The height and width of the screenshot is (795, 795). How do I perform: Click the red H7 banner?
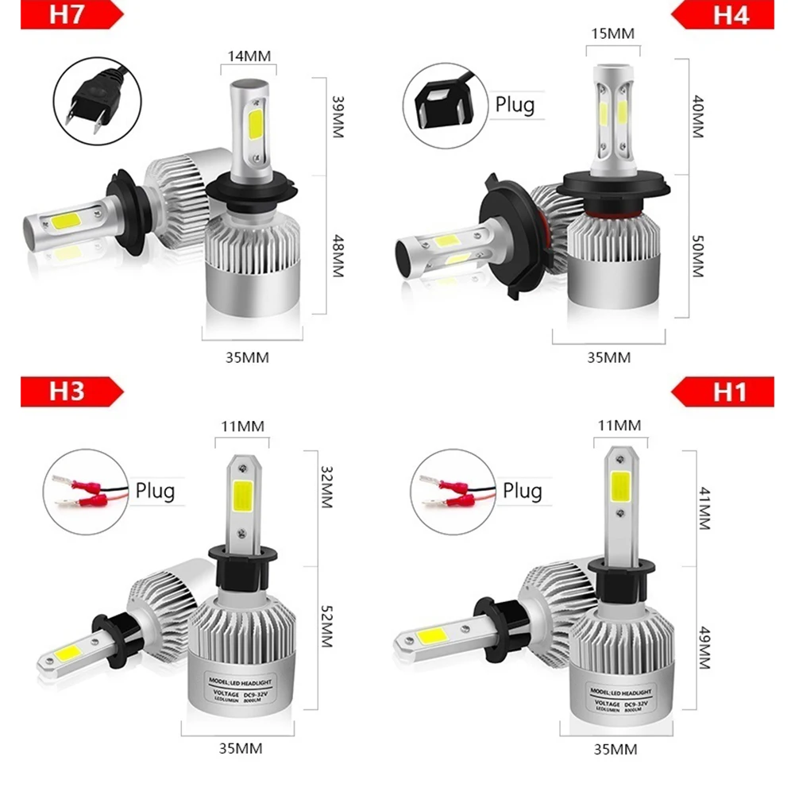68,15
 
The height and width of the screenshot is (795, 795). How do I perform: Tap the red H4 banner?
727,15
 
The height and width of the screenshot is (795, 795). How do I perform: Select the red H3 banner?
68,392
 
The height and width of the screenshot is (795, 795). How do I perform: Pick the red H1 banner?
727,392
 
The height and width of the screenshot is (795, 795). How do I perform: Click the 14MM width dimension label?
249,56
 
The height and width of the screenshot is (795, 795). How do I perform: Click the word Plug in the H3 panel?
155,490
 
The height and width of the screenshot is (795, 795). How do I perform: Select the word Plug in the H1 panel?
523,490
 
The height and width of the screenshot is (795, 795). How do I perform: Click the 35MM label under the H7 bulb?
248,357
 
